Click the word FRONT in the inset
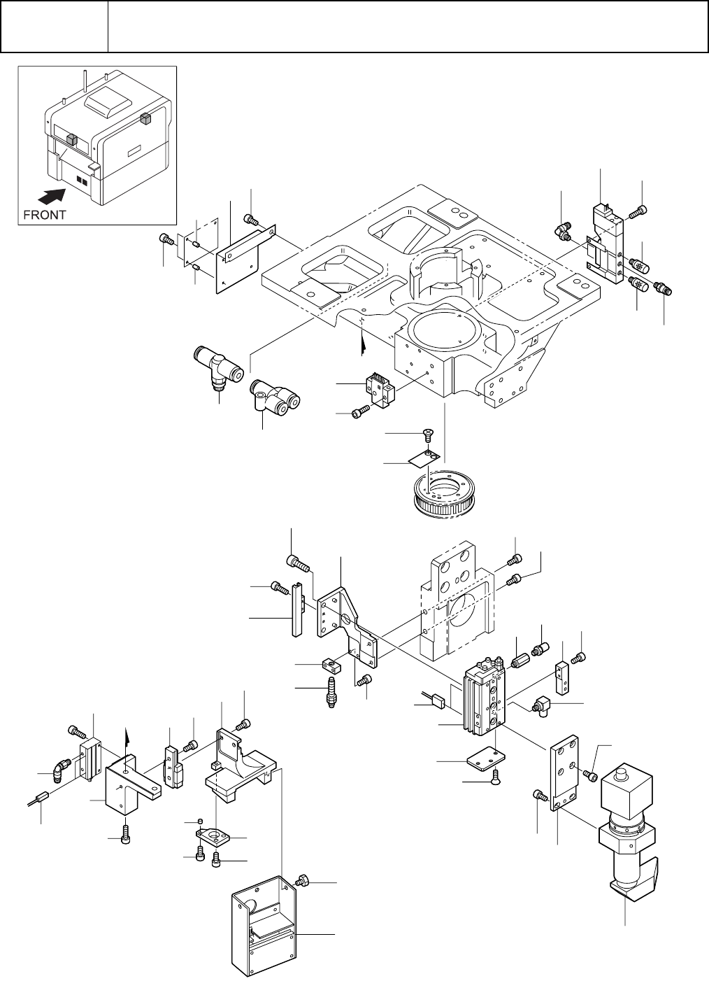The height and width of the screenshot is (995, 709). [44, 215]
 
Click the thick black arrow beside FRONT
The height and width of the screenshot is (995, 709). [52, 195]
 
